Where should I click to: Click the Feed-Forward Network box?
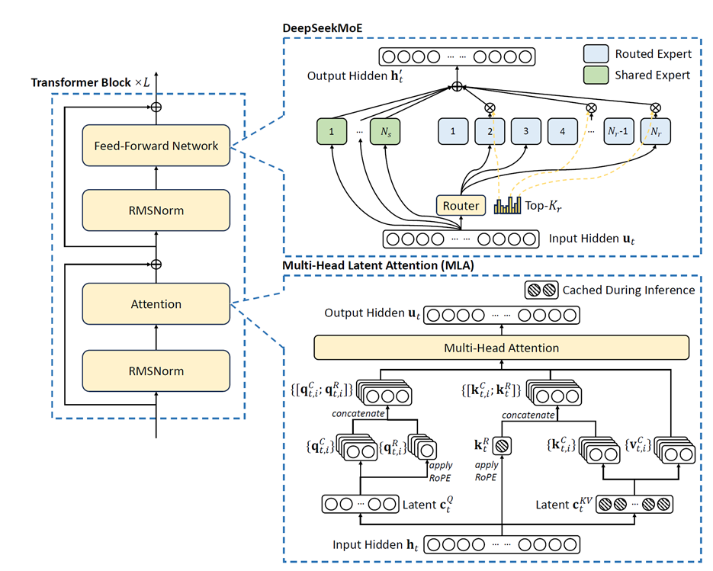point(156,146)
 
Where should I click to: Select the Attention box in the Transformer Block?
point(156,303)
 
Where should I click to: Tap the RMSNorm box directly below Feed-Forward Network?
point(156,210)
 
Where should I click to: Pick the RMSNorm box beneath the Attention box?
point(156,371)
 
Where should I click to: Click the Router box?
point(461,206)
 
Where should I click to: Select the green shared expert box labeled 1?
point(332,131)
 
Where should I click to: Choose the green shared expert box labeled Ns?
point(385,131)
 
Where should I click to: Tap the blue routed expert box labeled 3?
point(526,131)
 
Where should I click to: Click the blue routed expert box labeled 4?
point(563,131)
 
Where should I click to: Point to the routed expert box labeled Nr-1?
point(618,131)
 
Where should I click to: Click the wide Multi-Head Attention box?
point(502,348)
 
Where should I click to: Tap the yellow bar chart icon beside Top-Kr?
point(507,205)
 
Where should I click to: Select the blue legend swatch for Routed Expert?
point(596,53)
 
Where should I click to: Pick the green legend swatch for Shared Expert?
point(596,75)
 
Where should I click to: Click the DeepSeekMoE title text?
point(323,28)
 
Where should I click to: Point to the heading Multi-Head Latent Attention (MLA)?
point(378,265)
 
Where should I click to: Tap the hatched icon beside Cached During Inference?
point(541,290)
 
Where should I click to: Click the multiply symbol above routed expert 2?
point(490,107)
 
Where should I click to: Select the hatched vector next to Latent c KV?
point(634,504)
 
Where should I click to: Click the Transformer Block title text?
point(90,82)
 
